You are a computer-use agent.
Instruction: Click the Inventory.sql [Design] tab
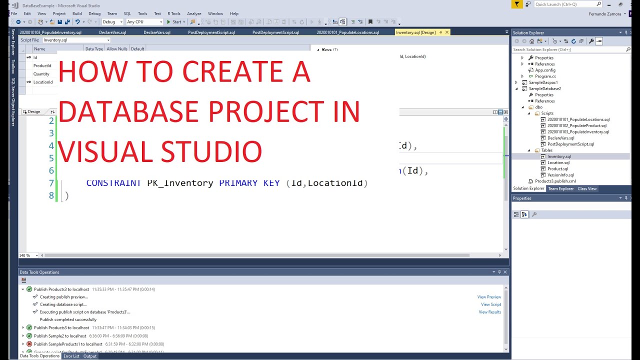tap(415, 32)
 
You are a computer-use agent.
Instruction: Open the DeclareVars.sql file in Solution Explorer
tap(560, 138)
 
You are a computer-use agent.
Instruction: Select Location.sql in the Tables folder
tap(558, 162)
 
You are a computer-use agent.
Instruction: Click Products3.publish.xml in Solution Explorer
tap(555, 181)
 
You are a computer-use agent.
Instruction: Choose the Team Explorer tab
tap(561, 188)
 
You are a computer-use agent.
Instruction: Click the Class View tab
tap(587, 188)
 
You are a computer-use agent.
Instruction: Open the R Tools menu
tap(174, 13)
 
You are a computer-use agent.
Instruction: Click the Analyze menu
tap(194, 13)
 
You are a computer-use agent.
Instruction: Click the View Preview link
tap(489, 297)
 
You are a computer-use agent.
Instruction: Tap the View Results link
tap(489, 312)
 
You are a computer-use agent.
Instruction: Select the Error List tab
tap(71, 356)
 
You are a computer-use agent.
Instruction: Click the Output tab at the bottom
tap(90, 356)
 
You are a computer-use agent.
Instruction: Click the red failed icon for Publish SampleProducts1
tap(29, 344)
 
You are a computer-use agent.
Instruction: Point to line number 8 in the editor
tap(51, 195)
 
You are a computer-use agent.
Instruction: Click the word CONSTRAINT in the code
tap(113, 183)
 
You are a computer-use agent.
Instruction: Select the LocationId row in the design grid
tap(42, 82)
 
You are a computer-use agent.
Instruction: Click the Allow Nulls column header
tap(117, 49)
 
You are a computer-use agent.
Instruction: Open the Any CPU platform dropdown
tap(144, 22)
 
